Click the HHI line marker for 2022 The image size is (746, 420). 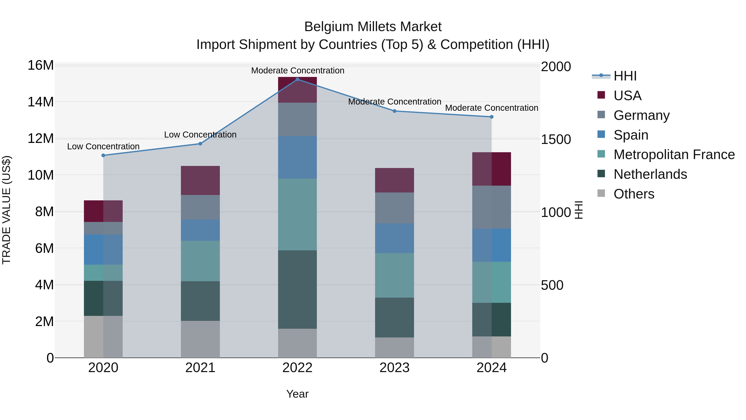point(297,79)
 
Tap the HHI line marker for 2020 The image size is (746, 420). point(103,155)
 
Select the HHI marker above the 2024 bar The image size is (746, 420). point(492,117)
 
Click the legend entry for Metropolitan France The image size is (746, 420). point(674,155)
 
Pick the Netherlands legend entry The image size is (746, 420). point(650,174)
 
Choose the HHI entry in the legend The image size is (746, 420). point(625,76)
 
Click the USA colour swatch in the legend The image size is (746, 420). point(601,95)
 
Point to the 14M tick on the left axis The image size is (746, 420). point(41,102)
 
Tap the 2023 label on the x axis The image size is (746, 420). point(394,368)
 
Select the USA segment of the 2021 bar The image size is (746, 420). point(200,180)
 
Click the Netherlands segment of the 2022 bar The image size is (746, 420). point(297,289)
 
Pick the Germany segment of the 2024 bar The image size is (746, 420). point(492,207)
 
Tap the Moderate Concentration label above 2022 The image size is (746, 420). point(297,71)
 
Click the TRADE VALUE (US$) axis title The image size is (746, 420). point(6,210)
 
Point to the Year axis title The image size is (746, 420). point(297,394)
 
